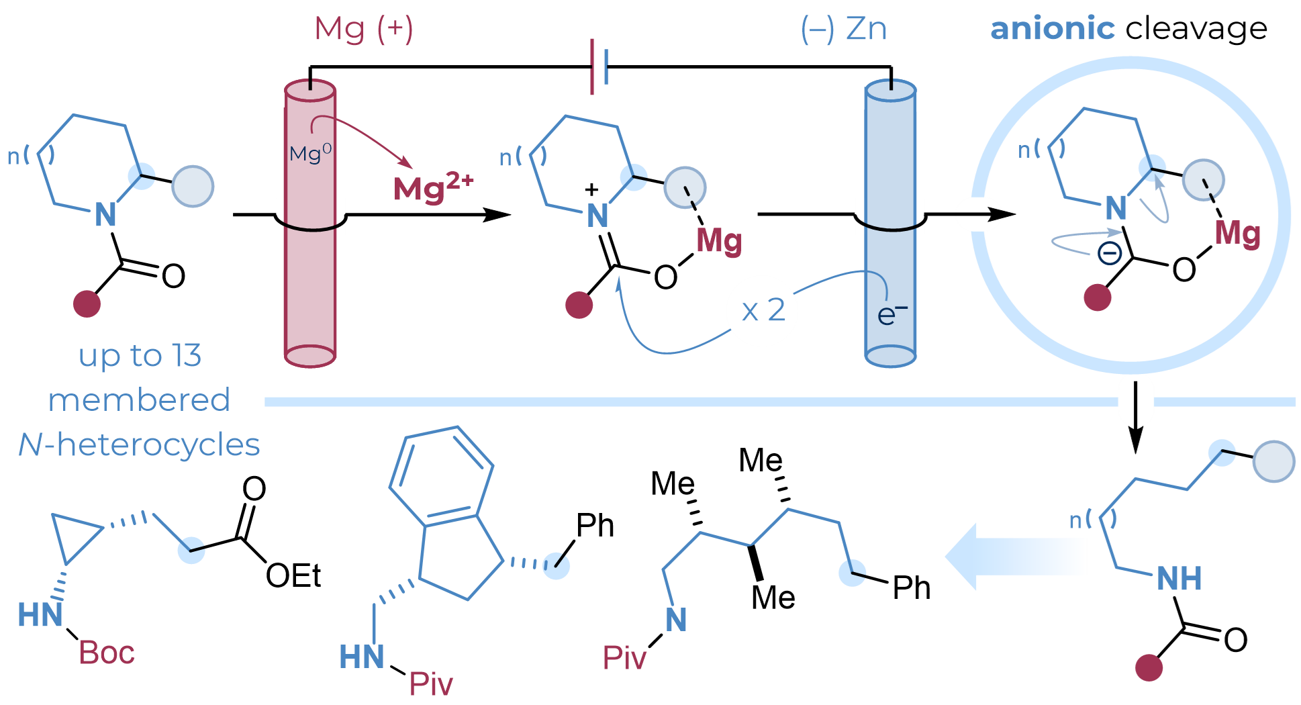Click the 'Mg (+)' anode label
(x=364, y=30)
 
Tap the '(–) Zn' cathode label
(x=845, y=30)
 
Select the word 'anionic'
(x=1053, y=29)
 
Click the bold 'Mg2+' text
(x=433, y=187)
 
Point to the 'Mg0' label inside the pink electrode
(x=309, y=153)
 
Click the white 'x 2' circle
(x=762, y=311)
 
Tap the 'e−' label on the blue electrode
(x=892, y=314)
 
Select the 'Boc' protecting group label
(x=107, y=652)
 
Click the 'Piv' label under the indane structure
(x=431, y=684)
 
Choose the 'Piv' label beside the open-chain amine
(x=624, y=657)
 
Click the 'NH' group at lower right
(x=1179, y=578)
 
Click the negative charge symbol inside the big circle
(x=1110, y=253)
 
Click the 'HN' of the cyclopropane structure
(x=40, y=614)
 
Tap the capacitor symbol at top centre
(x=599, y=67)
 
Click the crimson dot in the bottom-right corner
(x=1149, y=667)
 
